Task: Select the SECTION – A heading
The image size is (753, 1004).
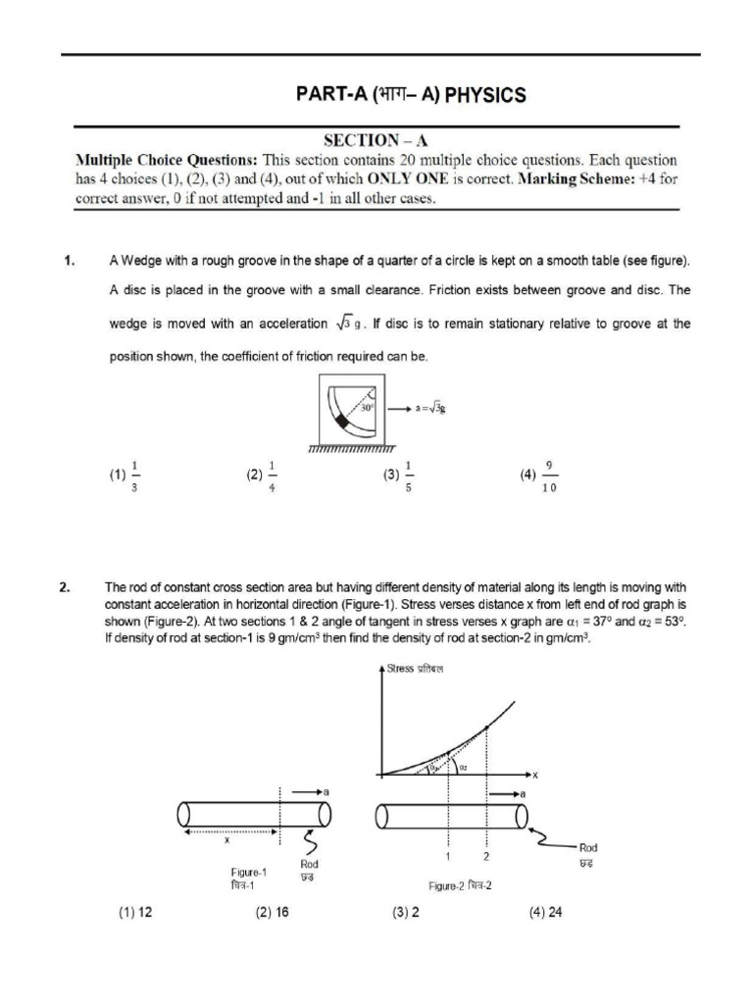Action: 376,141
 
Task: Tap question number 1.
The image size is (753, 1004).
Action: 70,261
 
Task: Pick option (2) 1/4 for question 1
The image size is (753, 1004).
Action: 263,476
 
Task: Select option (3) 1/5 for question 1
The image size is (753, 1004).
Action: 400,476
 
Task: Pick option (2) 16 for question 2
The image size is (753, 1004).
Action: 272,912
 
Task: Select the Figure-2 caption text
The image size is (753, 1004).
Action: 460,885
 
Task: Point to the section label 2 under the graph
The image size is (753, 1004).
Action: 486,856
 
